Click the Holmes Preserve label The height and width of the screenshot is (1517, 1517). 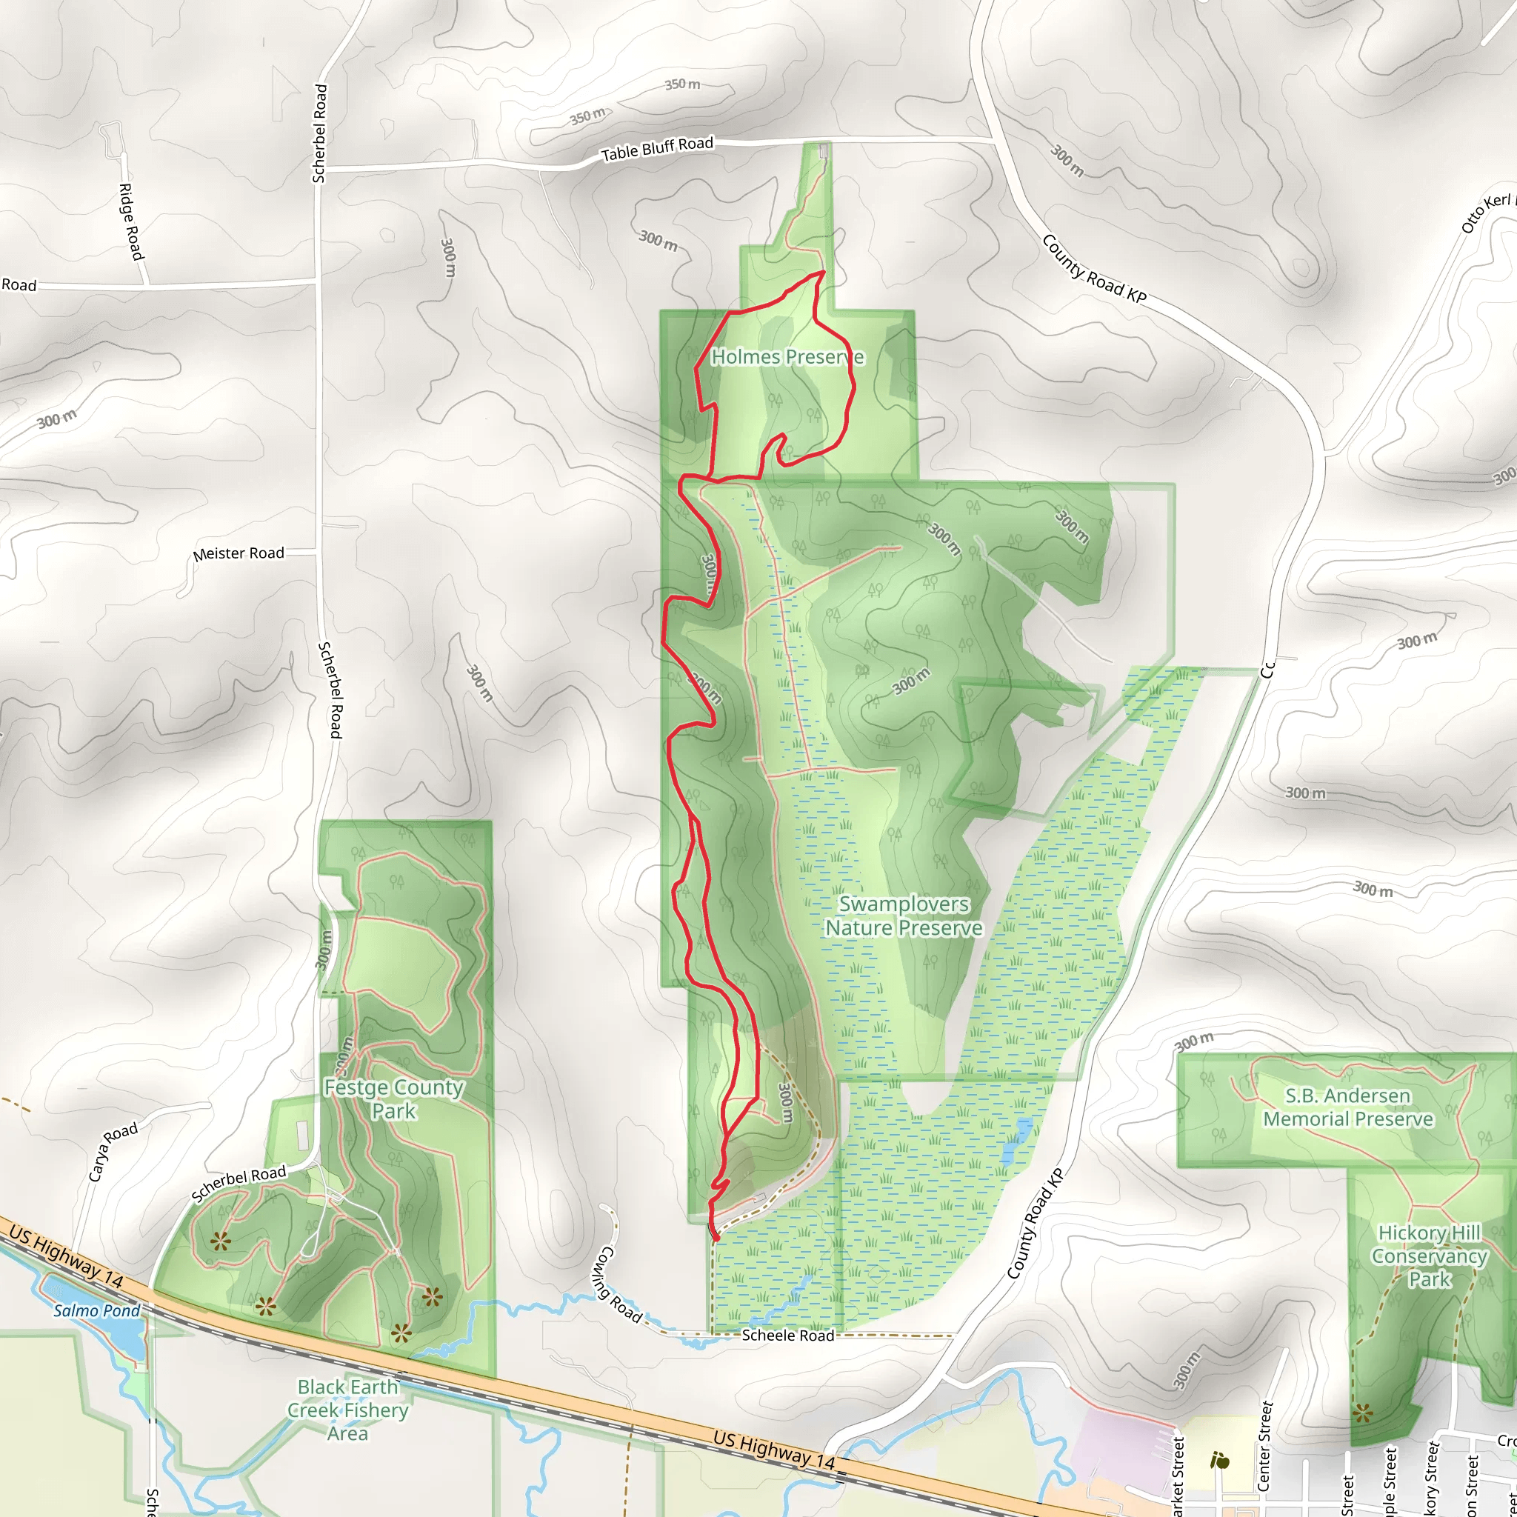coord(787,357)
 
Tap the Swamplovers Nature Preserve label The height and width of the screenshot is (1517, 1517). coord(904,916)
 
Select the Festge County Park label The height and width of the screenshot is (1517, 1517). coord(394,1099)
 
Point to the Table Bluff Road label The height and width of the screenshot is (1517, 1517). coord(657,148)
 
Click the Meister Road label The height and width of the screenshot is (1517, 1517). coord(239,553)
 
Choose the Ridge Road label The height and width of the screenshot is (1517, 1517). coord(131,221)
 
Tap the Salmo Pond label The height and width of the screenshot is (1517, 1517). coord(96,1310)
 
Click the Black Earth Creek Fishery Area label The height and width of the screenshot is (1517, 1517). coord(348,1410)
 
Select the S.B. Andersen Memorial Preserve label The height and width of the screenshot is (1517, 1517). coord(1348,1107)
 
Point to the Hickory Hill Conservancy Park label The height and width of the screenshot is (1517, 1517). coord(1429,1256)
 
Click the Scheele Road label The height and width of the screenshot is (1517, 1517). coord(787,1336)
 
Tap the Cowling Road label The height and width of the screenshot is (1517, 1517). coord(621,1284)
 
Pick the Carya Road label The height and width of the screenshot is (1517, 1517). coord(113,1152)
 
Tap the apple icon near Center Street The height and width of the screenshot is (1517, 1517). coord(1219,1461)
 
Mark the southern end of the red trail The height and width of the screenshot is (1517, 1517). coord(716,1239)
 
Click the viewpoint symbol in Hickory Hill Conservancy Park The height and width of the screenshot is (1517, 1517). coord(1363,1413)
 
